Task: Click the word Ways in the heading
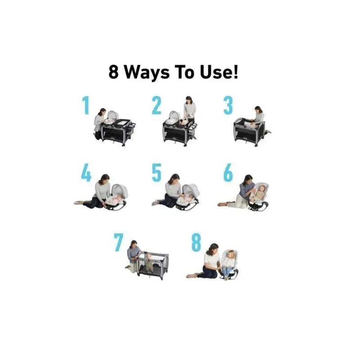click(147, 73)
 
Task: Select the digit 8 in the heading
click(113, 72)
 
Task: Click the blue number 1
click(86, 105)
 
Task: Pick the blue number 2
click(157, 105)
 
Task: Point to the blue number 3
click(228, 105)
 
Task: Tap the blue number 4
click(86, 172)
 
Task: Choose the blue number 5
click(157, 173)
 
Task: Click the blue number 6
click(228, 173)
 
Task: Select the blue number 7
click(119, 243)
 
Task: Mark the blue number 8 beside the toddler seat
click(196, 243)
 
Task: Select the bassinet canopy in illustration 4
click(119, 189)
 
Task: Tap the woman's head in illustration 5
click(175, 178)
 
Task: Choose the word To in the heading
click(184, 72)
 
